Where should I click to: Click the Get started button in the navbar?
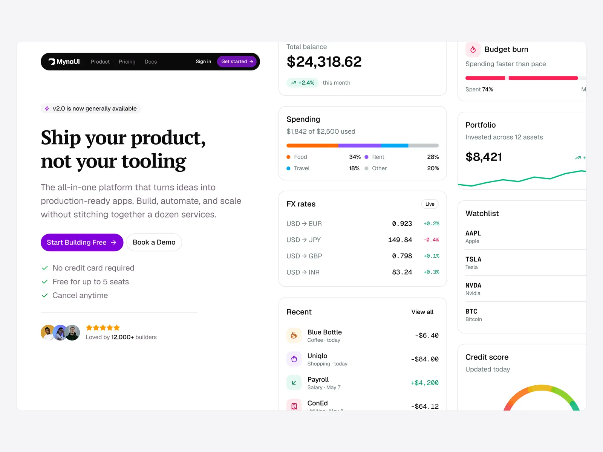pos(237,61)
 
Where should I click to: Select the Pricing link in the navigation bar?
pos(127,62)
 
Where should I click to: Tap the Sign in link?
pos(203,61)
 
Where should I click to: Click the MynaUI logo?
pos(64,61)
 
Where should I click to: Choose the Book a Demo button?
pos(154,242)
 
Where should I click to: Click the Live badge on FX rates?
pos(430,204)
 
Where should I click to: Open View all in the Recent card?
pos(422,312)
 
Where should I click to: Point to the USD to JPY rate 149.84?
pos(400,240)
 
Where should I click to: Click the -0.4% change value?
pos(431,240)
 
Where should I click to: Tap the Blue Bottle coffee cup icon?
pos(294,335)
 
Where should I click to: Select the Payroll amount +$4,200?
pos(425,383)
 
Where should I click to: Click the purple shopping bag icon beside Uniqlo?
pos(294,359)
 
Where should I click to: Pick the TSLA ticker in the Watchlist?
pos(473,260)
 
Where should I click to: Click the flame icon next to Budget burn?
pos(473,49)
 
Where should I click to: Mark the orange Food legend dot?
pos(288,157)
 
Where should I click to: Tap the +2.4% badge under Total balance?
pos(303,83)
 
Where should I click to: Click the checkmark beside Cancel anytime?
pos(45,295)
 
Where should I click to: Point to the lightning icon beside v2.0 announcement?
pos(47,109)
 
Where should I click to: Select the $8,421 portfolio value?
pos(484,157)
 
